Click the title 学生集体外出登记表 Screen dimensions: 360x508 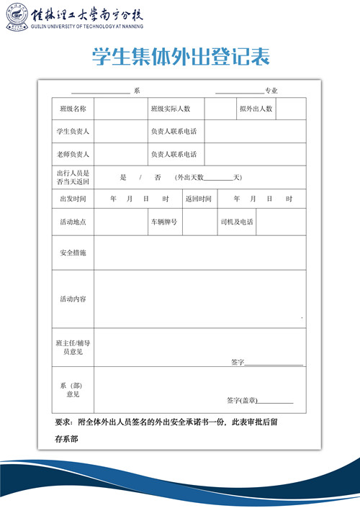181,58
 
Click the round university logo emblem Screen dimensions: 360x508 16,15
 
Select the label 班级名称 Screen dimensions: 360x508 73,109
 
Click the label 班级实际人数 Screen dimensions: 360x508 171,109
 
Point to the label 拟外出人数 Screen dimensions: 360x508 256,109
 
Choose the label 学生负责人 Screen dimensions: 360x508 73,132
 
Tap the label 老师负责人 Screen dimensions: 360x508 73,155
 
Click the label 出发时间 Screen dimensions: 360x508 73,199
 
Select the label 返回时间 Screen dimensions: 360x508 198,199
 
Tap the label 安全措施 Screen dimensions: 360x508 73,253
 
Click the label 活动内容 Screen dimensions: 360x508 73,299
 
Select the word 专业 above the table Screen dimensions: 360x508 271,91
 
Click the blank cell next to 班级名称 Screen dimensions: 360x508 120,109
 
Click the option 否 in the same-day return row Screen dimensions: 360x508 157,177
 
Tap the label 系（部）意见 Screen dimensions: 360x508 73,390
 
